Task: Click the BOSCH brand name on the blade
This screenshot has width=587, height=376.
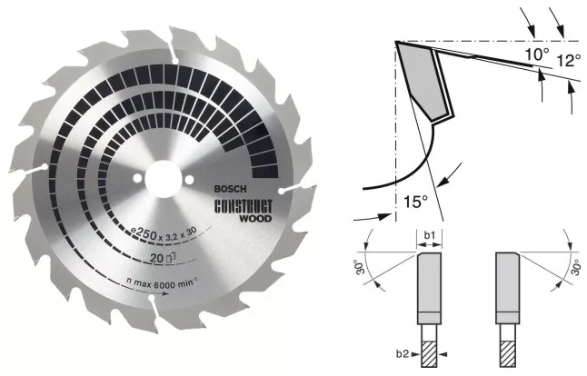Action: pyautogui.click(x=230, y=189)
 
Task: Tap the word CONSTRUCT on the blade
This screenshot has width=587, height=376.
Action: pyautogui.click(x=244, y=206)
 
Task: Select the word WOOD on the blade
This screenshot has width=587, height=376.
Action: pyautogui.click(x=255, y=218)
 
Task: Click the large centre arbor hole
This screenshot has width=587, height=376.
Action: pyautogui.click(x=163, y=179)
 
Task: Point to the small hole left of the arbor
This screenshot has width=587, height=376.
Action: pyautogui.click(x=137, y=178)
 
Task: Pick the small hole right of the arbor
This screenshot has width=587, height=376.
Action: pyautogui.click(x=189, y=180)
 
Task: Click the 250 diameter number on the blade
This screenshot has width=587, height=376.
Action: pyautogui.click(x=144, y=233)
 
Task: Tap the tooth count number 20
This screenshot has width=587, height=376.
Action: pyautogui.click(x=157, y=258)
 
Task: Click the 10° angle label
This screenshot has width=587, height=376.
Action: pyautogui.click(x=536, y=54)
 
